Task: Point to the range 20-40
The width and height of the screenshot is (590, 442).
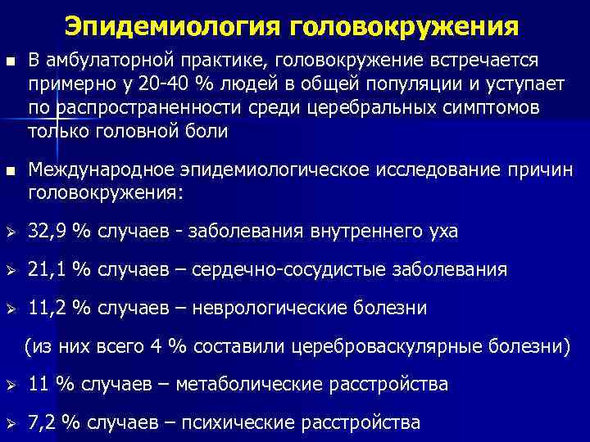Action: tap(170, 84)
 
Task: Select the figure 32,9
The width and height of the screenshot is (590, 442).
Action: tap(48, 232)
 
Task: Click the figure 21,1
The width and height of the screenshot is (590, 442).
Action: tap(48, 269)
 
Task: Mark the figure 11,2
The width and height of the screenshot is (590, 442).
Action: tap(48, 308)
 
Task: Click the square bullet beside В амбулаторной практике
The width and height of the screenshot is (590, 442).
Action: tap(10, 62)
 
